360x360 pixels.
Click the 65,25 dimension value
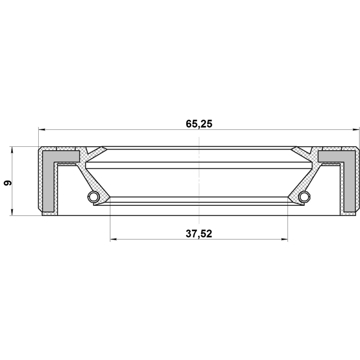click(x=199, y=124)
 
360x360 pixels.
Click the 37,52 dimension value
click(x=199, y=234)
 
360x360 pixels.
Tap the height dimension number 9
click(x=7, y=183)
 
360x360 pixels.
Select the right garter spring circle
click(x=304, y=196)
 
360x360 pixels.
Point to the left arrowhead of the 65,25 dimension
click(x=42, y=130)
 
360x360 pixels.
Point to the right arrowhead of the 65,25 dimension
click(x=355, y=130)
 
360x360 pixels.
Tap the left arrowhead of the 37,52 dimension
click(x=114, y=240)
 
